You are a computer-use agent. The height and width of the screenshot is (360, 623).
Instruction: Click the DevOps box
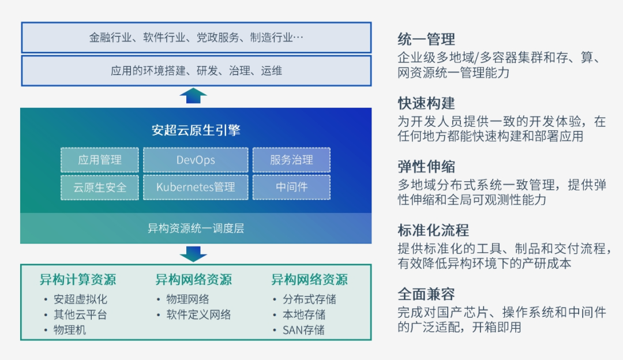tap(196, 160)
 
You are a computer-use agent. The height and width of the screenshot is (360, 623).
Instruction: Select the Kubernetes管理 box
tap(196, 187)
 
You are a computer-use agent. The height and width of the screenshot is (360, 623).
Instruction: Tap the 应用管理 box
tap(100, 160)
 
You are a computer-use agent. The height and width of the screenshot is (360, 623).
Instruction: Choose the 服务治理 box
tap(291, 160)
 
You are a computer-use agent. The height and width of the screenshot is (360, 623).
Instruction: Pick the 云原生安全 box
tap(100, 187)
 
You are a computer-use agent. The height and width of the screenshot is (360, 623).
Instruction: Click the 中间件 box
tap(291, 187)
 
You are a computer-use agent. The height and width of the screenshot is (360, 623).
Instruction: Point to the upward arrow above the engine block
tap(193, 96)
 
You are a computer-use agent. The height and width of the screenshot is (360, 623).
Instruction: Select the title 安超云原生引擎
tap(196, 130)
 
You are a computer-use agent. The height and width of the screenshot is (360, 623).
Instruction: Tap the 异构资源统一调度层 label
tap(196, 228)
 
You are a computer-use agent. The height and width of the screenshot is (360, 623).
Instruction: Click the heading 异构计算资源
tap(78, 280)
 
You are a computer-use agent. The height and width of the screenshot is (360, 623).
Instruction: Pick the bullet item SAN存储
tap(303, 330)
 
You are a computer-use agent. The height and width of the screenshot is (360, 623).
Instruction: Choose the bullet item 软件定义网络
tap(198, 314)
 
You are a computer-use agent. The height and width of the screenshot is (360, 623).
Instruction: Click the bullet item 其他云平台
tap(80, 314)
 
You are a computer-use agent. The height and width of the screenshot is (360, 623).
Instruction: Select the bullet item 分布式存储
tap(309, 299)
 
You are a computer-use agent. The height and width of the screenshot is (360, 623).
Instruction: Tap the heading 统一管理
tap(426, 39)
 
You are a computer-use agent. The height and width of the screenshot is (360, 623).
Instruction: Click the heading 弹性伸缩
tap(426, 167)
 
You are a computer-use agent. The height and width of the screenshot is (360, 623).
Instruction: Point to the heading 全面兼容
tap(426, 294)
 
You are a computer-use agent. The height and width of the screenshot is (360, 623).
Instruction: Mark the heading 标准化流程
tap(433, 230)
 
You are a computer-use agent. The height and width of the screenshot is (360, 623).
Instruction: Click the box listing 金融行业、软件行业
tap(196, 37)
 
